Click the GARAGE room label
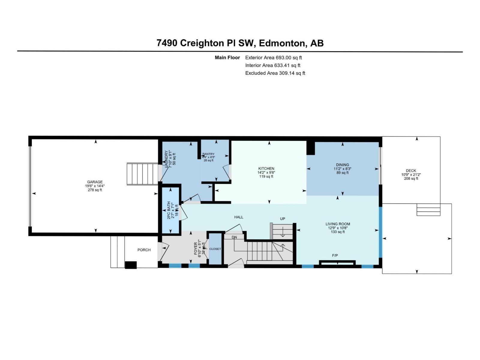95,182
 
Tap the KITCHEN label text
266,169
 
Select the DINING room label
342,165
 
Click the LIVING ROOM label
338,224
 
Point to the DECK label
411,171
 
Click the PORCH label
144,250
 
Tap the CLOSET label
215,249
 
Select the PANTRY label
208,154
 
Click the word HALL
239,217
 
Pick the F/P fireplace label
335,256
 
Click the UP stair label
283,219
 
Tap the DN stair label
234,237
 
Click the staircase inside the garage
142,174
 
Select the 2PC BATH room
170,210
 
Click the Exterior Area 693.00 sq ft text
273,58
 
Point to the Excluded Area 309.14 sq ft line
275,73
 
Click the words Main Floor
227,58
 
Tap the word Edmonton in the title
282,43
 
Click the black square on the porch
131,265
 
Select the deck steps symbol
428,210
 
